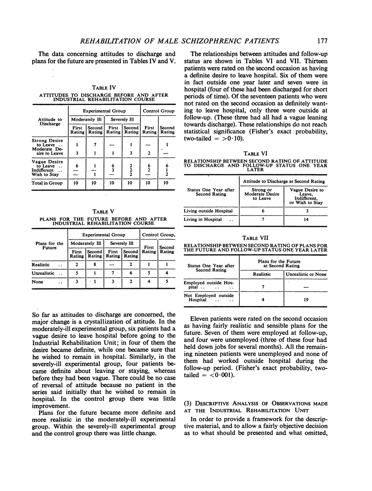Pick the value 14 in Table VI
pos(305,220)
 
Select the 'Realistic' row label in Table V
pos(41,264)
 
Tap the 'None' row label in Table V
pos(38,283)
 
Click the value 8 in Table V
pos(95,264)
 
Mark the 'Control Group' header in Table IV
pos(158,110)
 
